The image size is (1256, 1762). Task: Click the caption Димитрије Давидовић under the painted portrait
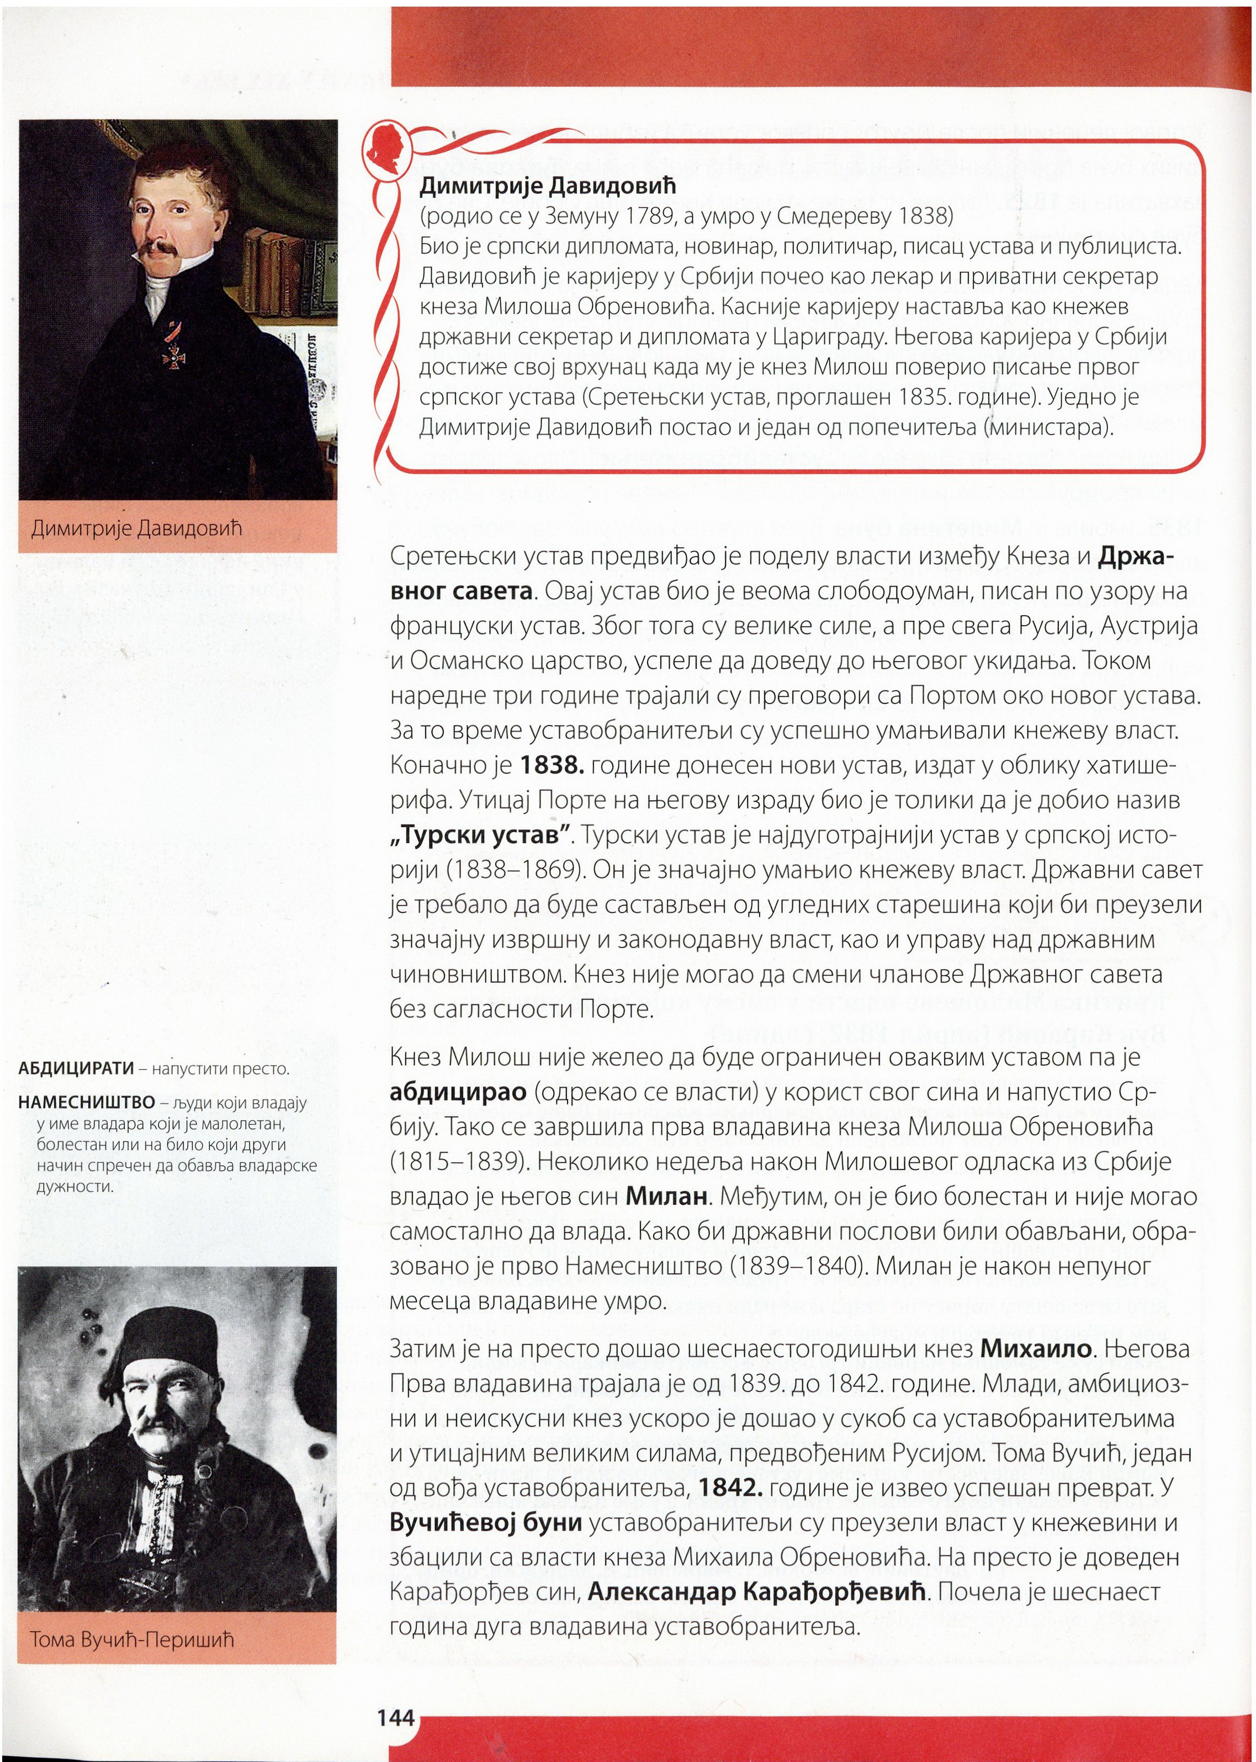click(136, 528)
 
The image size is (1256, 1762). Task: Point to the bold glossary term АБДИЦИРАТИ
click(76, 1069)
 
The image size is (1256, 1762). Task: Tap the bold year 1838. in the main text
click(552, 766)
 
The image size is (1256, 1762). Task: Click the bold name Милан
click(667, 1197)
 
